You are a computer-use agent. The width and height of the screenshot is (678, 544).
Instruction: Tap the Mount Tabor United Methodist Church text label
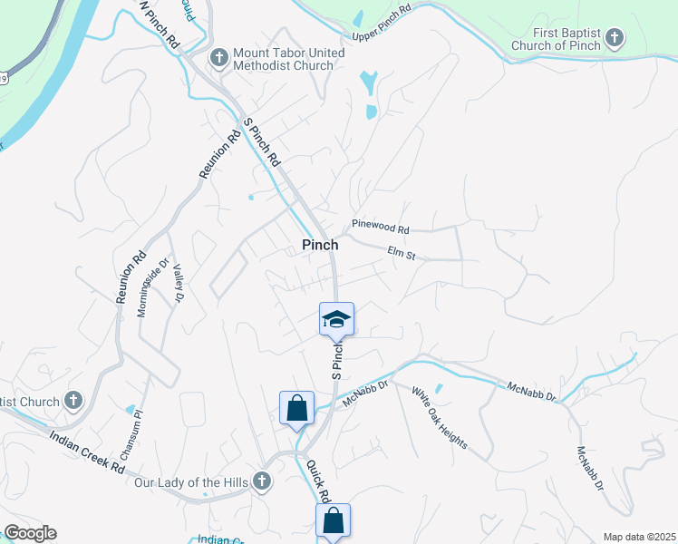click(288, 60)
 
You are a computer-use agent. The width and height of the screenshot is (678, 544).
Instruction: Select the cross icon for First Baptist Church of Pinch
click(615, 38)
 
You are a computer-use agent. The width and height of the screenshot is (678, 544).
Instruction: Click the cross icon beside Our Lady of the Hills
click(262, 481)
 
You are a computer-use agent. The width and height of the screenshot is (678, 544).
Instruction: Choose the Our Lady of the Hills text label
click(189, 481)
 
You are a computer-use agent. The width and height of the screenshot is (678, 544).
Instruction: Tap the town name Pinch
click(320, 245)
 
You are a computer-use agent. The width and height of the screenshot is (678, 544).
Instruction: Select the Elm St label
click(400, 255)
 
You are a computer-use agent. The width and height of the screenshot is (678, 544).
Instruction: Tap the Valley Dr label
click(178, 283)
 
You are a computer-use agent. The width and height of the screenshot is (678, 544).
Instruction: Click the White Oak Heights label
click(440, 418)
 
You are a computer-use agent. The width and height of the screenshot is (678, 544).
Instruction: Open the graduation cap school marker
click(336, 319)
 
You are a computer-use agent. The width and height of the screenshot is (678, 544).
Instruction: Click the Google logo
click(30, 533)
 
